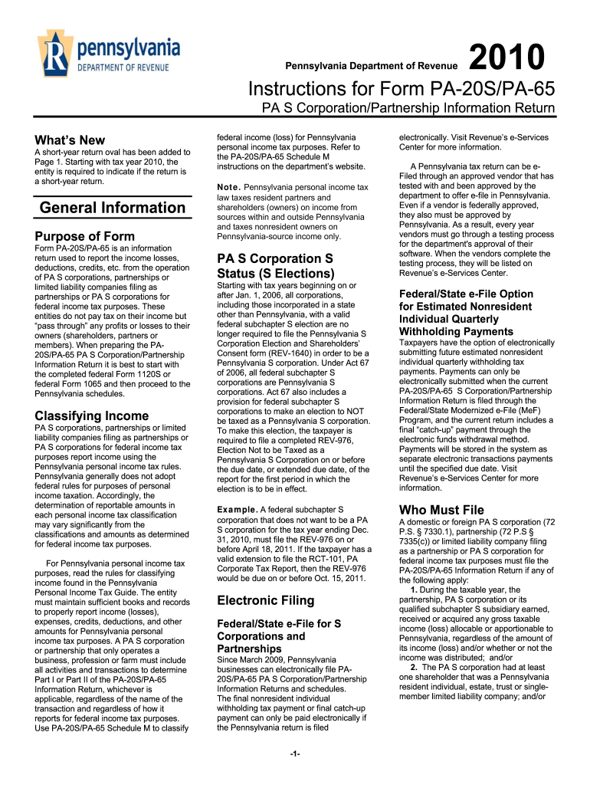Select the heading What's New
click(x=70, y=140)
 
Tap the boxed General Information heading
click(x=113, y=208)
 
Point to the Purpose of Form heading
click(x=85, y=236)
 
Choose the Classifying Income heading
click(x=92, y=415)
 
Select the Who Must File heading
click(x=441, y=510)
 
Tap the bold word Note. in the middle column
click(x=229, y=188)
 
